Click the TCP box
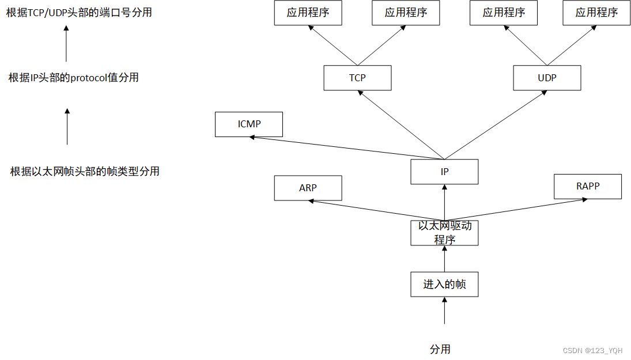click(357, 78)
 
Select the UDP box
click(547, 78)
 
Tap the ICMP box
click(249, 124)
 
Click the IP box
click(444, 172)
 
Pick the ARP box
click(308, 188)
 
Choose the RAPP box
click(587, 186)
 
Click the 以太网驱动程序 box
click(444, 233)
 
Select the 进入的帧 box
click(444, 284)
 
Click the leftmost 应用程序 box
click(308, 13)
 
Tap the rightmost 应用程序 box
click(596, 13)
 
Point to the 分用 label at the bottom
click(440, 349)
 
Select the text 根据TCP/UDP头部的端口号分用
click(79, 12)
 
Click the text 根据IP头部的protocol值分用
click(74, 77)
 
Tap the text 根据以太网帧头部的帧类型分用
click(85, 171)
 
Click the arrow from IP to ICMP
click(346, 147)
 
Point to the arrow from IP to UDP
click(496, 124)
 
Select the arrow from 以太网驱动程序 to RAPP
click(516, 210)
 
